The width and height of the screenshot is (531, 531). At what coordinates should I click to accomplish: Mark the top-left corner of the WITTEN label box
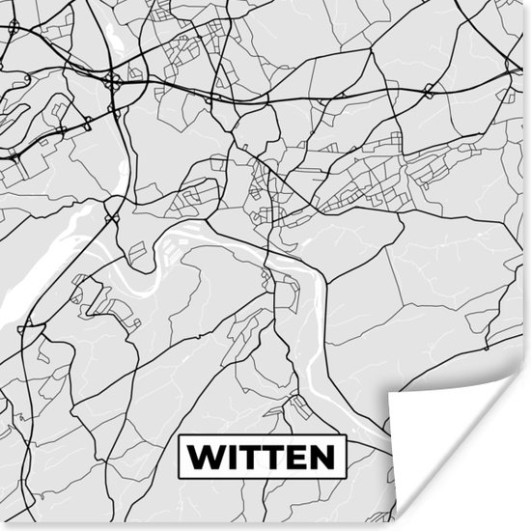click(x=180, y=434)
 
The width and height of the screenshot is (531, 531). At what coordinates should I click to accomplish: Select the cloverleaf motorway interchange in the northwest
click(x=115, y=83)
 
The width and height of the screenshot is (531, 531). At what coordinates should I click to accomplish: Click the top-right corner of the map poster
click(x=530, y=0)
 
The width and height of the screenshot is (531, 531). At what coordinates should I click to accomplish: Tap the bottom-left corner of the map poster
click(x=0, y=530)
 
